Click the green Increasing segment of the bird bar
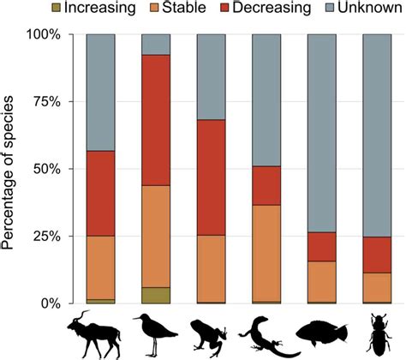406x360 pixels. click(x=156, y=295)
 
